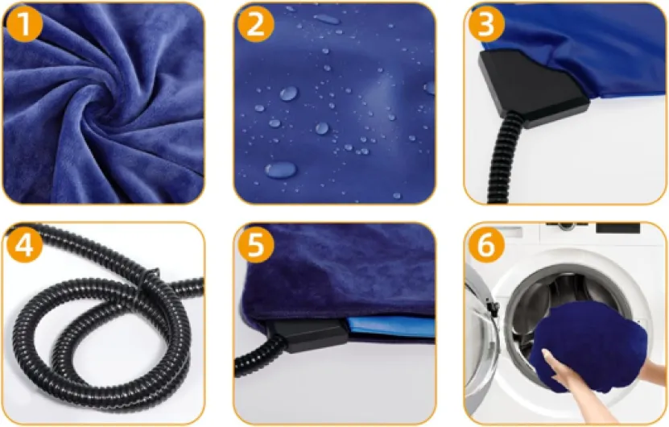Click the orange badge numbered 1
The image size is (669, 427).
pos(24,23)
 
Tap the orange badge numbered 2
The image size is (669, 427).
pos(255,23)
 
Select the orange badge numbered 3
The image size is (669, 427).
pos(487,23)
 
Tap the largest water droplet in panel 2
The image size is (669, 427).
pos(280,169)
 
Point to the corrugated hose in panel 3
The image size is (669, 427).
pos(502,158)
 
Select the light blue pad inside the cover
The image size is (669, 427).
pos(390,325)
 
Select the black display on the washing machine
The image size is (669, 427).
pos(617,228)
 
